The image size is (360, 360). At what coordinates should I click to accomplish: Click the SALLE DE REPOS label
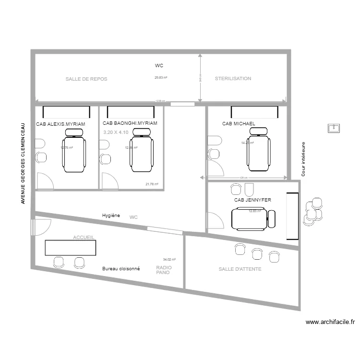coord(86,79)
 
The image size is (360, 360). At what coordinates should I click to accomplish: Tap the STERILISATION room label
coord(233,78)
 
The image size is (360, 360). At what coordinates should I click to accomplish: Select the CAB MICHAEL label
coord(239,124)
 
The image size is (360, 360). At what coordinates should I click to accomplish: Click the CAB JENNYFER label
coord(252,200)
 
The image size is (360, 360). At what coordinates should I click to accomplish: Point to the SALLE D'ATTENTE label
coord(240,269)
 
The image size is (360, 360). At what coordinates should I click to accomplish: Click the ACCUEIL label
coord(84,238)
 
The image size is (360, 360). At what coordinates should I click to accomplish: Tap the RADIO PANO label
coord(164,270)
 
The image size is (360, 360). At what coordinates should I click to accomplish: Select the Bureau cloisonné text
coord(121,269)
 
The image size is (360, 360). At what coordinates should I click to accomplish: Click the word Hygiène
coord(111,216)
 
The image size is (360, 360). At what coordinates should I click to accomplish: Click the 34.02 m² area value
coord(169,259)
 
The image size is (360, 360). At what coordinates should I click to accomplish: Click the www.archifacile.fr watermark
coord(330,323)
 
